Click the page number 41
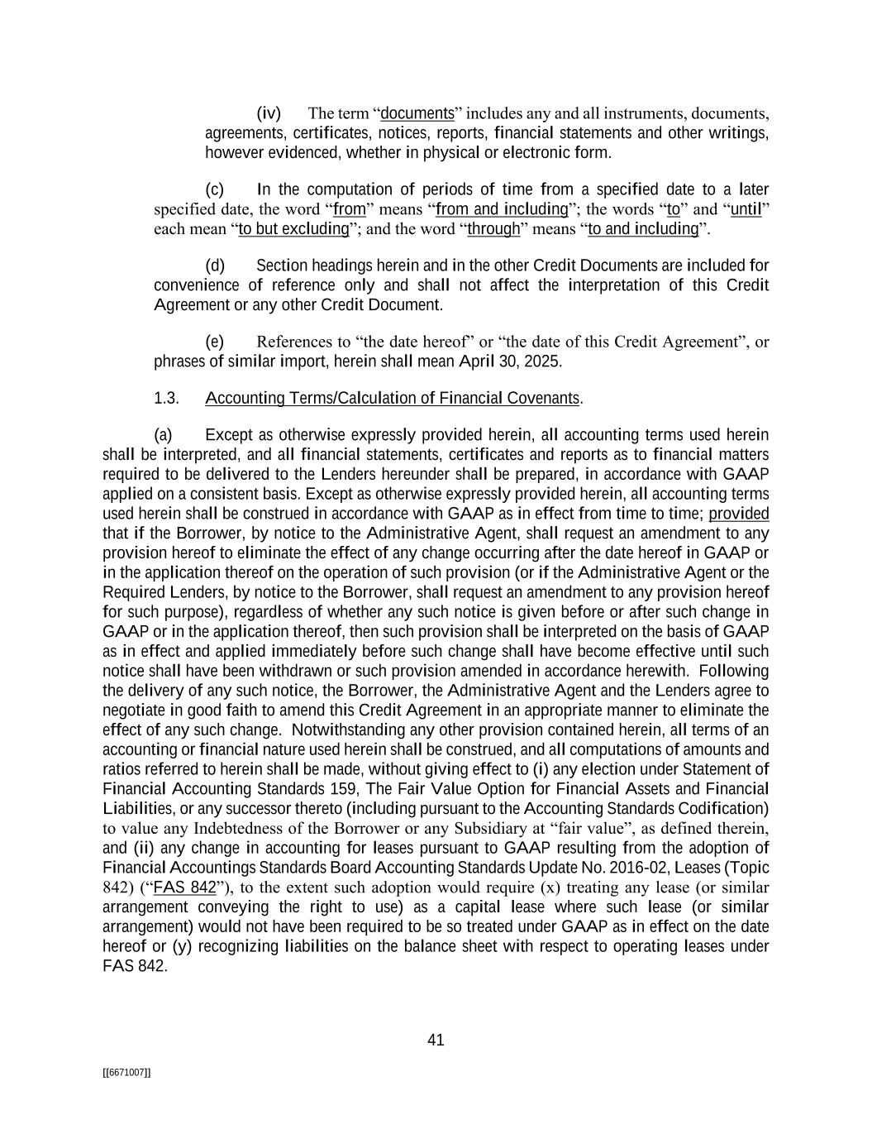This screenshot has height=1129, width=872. coord(436,1040)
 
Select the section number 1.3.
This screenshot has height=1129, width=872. coord(166,398)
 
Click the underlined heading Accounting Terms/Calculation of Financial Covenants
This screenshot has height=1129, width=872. coord(393,398)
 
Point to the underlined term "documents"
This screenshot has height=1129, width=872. coord(417,113)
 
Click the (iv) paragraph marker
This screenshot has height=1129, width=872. coord(269,113)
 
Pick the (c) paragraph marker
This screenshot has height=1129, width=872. coord(215,189)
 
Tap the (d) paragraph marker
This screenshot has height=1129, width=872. coord(215,266)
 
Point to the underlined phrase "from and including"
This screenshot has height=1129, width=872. coord(502,209)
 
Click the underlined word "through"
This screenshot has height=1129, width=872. coord(493,229)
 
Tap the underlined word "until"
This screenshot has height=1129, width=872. coord(746,209)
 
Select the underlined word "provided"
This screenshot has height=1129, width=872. coord(739,514)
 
